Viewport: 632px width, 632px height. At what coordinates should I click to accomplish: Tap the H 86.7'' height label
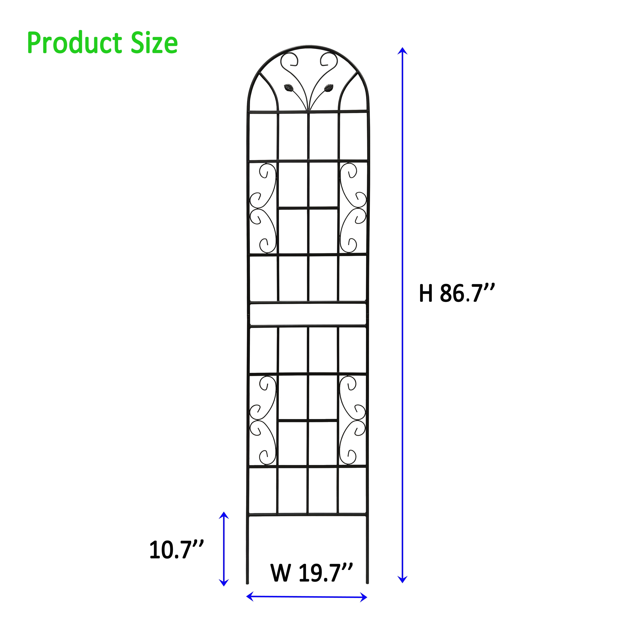pos(457,293)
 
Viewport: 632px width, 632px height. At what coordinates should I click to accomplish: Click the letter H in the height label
pos(426,293)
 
